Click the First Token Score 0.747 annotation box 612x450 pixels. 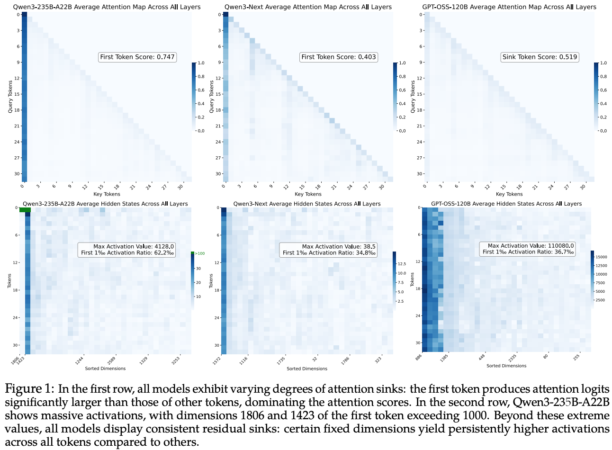(x=137, y=57)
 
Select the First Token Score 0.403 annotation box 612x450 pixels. (x=339, y=57)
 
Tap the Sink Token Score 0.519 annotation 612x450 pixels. (x=540, y=57)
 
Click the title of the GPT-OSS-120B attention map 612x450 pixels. (x=509, y=7)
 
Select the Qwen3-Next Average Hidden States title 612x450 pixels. (x=307, y=204)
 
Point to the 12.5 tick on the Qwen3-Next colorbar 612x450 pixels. (x=402, y=264)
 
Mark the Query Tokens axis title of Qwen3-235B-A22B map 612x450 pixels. (x=10, y=97)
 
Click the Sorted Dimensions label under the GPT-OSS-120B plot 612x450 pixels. (x=506, y=366)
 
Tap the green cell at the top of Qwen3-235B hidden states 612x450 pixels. (x=25, y=210)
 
